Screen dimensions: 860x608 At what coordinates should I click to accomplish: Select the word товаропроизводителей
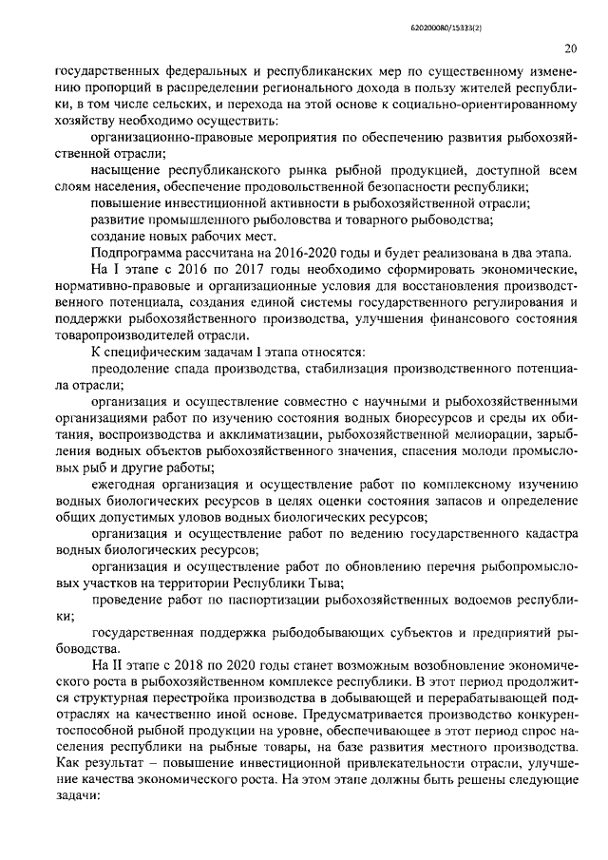click(129, 333)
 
